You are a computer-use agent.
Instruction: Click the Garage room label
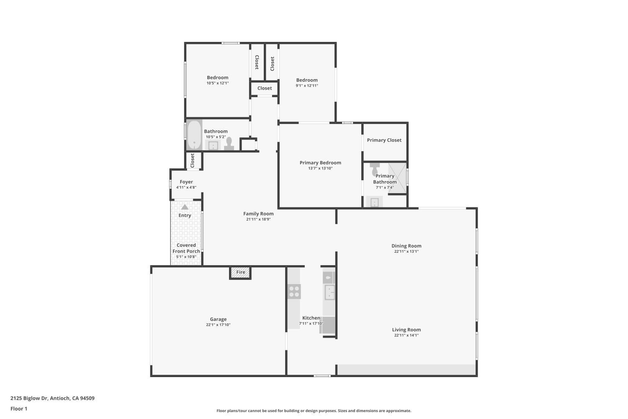point(218,319)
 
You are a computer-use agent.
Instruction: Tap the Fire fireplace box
point(240,272)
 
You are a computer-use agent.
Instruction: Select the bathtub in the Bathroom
point(194,135)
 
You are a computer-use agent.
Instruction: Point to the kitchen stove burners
point(294,291)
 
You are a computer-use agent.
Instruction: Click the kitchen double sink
point(329,292)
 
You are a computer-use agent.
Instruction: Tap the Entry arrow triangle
point(185,207)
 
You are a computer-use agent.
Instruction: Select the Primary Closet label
point(384,140)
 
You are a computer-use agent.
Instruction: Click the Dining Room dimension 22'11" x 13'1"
point(406,251)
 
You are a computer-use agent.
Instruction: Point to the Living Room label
point(406,330)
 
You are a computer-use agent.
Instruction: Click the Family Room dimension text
point(258,219)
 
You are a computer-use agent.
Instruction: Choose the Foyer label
point(186,182)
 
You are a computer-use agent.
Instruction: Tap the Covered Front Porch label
point(186,248)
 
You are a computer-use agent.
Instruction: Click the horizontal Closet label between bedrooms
point(264,88)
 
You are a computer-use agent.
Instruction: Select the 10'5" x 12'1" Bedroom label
point(217,78)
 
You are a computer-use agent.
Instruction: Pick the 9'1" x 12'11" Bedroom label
point(307,80)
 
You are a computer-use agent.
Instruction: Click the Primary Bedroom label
point(320,163)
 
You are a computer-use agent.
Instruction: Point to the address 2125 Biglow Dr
point(52,398)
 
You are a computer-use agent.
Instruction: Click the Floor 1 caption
point(19,409)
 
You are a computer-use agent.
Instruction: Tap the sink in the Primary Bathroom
point(374,203)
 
